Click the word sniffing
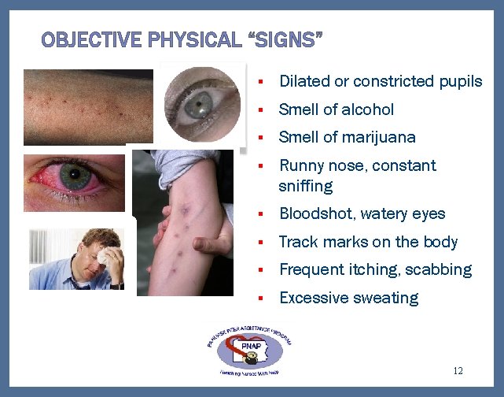tap(306, 186)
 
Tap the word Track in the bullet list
tap(297, 242)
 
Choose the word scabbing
tap(439, 269)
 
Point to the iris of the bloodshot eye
tap(75, 175)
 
